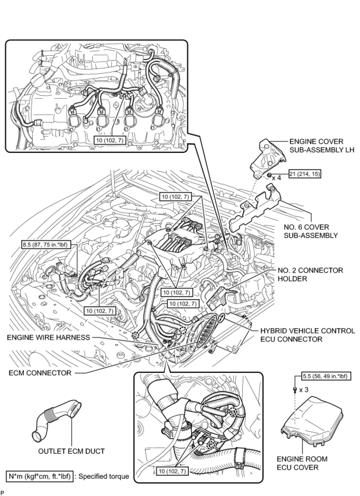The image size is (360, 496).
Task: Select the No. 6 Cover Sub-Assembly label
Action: pyautogui.click(x=311, y=231)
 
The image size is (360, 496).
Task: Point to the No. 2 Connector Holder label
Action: pyautogui.click(x=310, y=274)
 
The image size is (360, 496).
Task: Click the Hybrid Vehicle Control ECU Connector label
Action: pyautogui.click(x=308, y=335)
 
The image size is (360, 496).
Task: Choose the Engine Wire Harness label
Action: pyautogui.click(x=48, y=337)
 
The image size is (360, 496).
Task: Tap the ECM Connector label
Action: pyautogui.click(x=40, y=373)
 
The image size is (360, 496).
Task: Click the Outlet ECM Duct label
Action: pyautogui.click(x=71, y=451)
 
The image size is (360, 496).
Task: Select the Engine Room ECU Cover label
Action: pyautogui.click(x=302, y=463)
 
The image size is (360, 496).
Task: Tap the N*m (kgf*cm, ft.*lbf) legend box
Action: pyautogui.click(x=40, y=476)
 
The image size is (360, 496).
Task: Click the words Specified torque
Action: pyautogui.click(x=104, y=476)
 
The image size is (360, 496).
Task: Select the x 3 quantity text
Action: pyautogui.click(x=303, y=390)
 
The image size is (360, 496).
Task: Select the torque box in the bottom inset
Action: pyautogui.click(x=172, y=471)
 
